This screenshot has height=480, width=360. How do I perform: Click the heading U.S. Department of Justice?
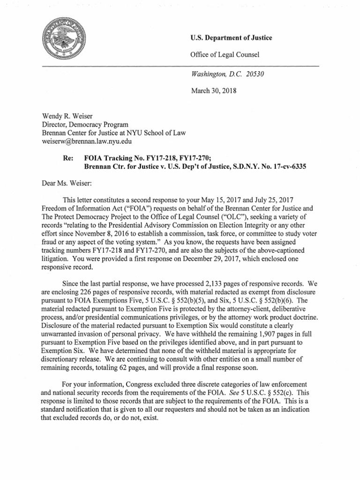pos(231,38)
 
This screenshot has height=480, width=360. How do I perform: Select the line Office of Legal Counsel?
pos(225,55)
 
